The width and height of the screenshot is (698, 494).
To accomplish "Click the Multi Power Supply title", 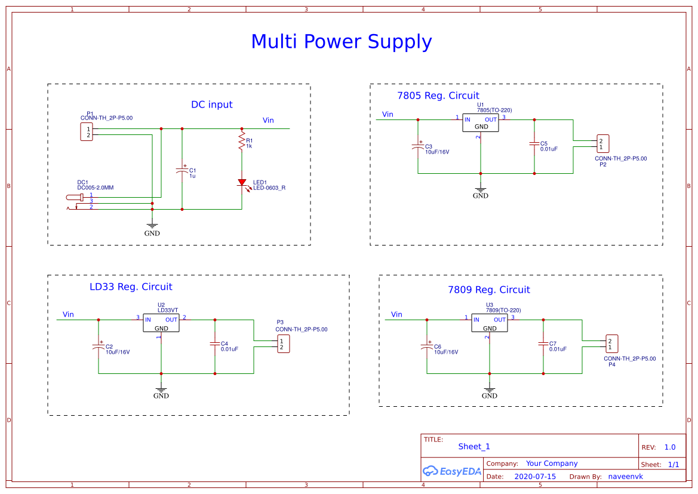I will coord(341,42).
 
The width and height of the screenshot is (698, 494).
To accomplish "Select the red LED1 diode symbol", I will coord(242,182).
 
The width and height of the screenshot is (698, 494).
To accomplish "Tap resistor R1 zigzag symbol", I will coord(242,142).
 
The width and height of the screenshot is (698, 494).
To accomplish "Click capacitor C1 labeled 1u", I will coord(182,171).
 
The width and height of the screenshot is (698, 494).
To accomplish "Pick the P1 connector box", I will coord(87,132).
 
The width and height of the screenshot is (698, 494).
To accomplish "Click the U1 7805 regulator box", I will coord(481,123).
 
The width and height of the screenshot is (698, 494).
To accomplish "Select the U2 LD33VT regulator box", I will coord(161,323).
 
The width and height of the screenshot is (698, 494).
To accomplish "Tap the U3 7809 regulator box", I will coord(490,323).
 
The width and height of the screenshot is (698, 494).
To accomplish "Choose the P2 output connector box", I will coord(602,143).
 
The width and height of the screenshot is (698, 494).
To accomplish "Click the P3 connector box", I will coord(283,344).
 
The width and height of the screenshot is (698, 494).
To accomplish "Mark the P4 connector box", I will coord(611,343).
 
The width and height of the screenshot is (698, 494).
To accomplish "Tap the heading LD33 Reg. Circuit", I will coord(131,287).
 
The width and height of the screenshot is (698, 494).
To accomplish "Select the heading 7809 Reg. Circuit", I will coord(488,290).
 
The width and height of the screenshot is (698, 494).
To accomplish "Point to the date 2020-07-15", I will coord(535,477).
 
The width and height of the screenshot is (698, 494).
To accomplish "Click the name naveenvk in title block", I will coord(625,477).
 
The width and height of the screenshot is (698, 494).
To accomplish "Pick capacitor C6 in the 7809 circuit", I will coord(427,346).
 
